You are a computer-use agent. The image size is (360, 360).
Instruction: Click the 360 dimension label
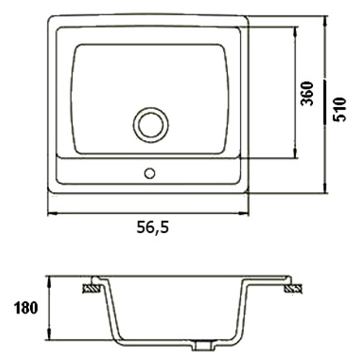pos(307,93)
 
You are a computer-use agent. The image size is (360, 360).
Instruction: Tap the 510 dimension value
pos(339,109)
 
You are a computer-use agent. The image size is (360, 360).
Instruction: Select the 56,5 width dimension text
pos(152,227)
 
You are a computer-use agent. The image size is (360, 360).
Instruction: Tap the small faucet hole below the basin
pos(149,173)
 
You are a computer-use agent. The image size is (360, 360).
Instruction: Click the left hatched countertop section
pos(91,288)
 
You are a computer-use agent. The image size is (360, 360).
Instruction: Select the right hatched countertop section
pos(293,288)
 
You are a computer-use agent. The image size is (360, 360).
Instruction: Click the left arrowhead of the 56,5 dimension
pos(52,213)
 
